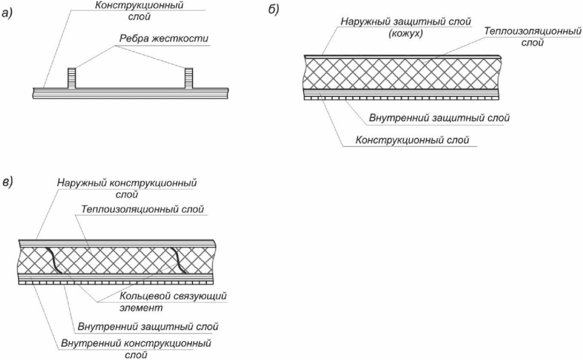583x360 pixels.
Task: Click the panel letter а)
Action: pyautogui.click(x=7, y=13)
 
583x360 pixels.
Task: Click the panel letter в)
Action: pyautogui.click(x=8, y=182)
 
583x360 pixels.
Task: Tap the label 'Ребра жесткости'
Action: pyautogui.click(x=164, y=39)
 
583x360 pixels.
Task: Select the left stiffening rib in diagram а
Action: pyautogui.click(x=72, y=78)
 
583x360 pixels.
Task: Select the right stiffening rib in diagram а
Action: pyautogui.click(x=189, y=78)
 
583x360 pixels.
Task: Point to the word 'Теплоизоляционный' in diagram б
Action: pyautogui.click(x=533, y=32)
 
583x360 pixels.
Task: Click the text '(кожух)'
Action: pyautogui.click(x=406, y=34)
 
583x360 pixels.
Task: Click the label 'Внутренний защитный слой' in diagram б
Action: pyautogui.click(x=439, y=118)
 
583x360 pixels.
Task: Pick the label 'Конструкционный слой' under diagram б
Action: pyautogui.click(x=412, y=140)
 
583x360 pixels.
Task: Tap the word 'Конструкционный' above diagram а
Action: pyautogui.click(x=140, y=6)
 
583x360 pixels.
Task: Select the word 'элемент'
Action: pyautogui.click(x=141, y=308)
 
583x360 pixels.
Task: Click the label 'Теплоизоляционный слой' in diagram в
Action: pyautogui.click(x=143, y=209)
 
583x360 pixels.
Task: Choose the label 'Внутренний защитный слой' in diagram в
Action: pyautogui.click(x=148, y=327)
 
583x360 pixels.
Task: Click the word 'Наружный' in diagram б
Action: pyautogui.click(x=363, y=22)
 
